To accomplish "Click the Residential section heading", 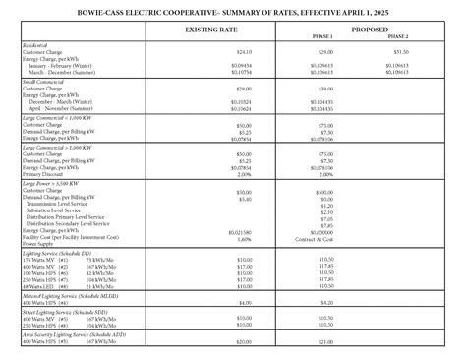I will point(36,45).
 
